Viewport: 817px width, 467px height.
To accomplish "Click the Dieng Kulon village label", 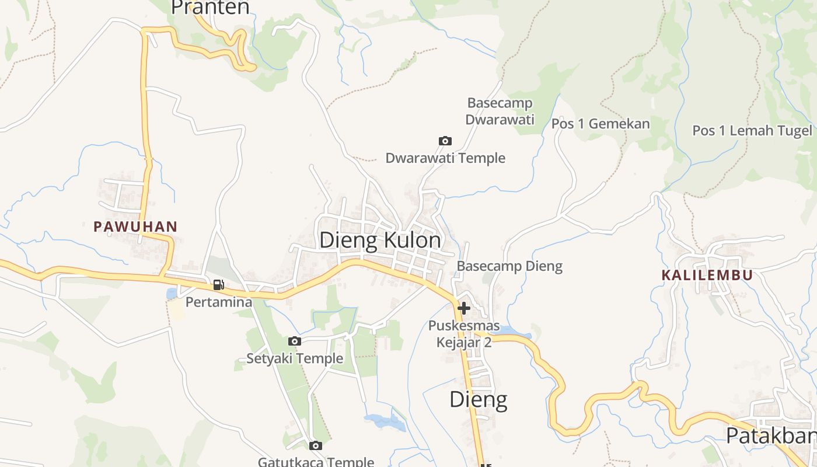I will point(380,241).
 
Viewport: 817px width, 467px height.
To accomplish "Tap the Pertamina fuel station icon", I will point(218,285).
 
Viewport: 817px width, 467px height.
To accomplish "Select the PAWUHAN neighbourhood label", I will point(135,226).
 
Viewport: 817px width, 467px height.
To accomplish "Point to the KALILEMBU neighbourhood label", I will point(707,275).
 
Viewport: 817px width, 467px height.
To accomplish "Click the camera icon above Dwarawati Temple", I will point(445,141).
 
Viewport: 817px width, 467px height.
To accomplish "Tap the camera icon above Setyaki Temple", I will point(295,341).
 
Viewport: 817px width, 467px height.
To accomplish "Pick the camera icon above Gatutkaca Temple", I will point(316,446).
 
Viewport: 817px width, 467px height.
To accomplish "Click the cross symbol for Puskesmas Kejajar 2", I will point(464,308).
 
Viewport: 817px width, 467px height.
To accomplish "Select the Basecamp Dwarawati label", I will point(500,111).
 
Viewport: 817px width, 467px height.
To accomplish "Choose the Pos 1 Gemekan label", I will point(600,124).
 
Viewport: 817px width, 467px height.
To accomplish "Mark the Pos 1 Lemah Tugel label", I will point(752,131).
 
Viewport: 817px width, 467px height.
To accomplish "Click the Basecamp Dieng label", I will point(509,266).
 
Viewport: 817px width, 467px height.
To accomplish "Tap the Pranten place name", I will point(211,8).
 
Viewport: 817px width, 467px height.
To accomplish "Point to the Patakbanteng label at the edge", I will point(770,435).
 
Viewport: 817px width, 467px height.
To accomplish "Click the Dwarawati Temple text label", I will point(445,158).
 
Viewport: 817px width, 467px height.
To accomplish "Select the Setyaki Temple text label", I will point(295,358).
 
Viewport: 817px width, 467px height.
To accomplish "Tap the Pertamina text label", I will point(219,302).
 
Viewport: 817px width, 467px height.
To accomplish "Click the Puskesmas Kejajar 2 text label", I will point(464,334).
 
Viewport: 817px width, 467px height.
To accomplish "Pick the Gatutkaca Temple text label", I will point(316,462).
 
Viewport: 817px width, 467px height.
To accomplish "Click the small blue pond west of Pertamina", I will point(172,294).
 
